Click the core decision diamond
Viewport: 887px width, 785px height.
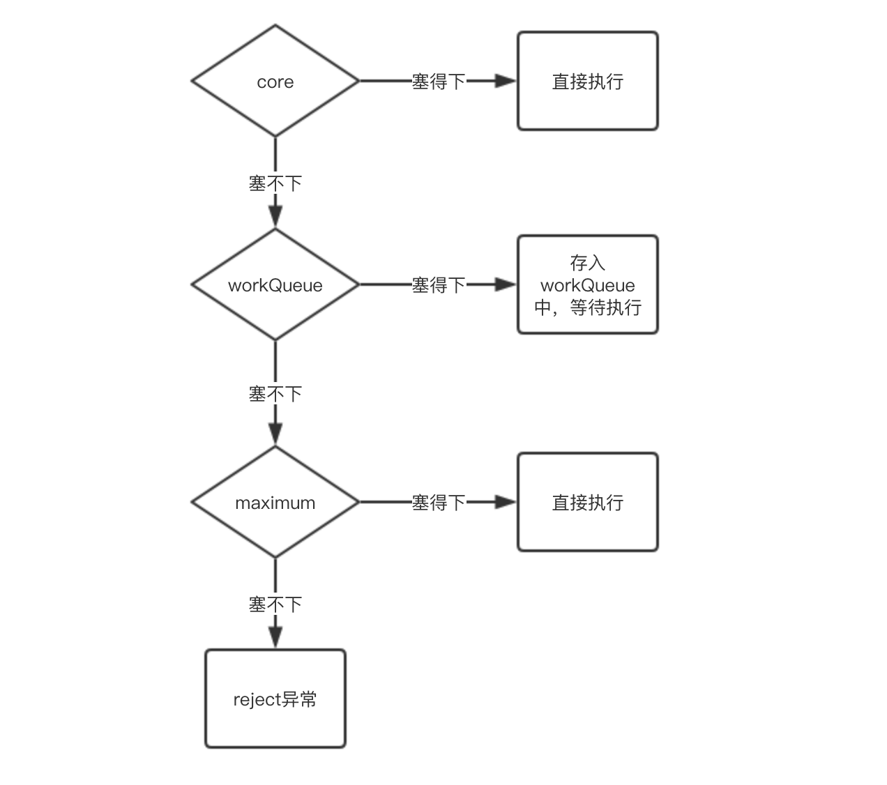275,81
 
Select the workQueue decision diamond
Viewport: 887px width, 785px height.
275,284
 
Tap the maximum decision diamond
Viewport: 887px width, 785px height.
275,502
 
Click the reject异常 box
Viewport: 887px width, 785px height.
275,699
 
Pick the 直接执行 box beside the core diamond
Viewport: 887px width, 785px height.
587,81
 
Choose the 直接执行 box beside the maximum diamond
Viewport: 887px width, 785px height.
587,502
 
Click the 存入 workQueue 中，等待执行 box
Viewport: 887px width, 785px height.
587,284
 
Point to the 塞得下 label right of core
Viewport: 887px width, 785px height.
438,82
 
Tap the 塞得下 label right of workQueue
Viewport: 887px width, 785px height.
438,285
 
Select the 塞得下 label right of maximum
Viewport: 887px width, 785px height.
438,503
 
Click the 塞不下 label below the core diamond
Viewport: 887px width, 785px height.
275,183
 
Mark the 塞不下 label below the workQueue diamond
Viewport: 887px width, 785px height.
275,394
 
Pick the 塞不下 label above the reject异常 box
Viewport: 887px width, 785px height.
275,604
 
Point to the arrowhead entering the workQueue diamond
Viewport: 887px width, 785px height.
275,217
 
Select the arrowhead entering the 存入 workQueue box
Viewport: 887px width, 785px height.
505,284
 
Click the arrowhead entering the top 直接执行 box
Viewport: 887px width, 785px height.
505,81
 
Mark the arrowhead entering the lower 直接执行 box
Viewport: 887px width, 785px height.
505,502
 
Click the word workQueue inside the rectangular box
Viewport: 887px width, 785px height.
587,285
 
